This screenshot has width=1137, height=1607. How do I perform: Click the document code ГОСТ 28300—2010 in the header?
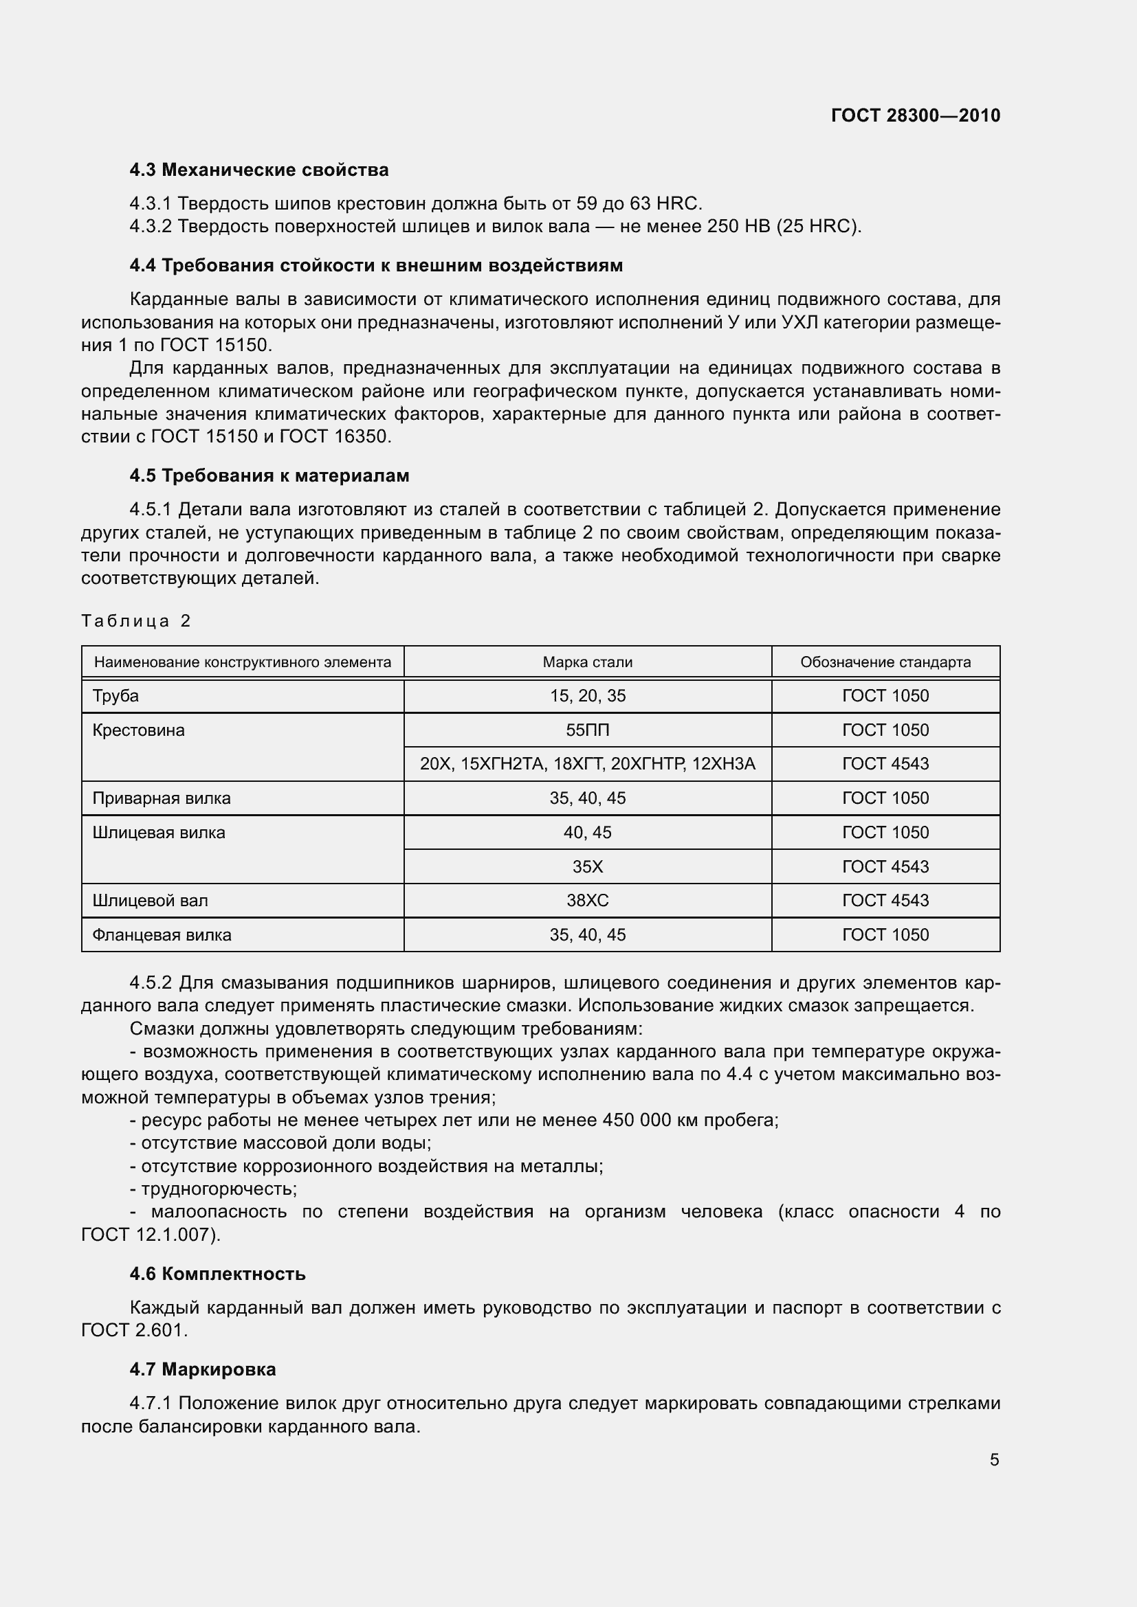[915, 115]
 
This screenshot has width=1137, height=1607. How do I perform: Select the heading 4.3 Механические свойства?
[259, 170]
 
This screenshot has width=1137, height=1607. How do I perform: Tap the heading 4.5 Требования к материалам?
[269, 476]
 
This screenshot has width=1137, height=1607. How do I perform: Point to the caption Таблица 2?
[136, 621]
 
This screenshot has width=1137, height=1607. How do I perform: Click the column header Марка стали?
[587, 662]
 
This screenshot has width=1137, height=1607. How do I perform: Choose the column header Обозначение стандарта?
[885, 662]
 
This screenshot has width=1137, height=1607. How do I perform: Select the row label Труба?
[115, 696]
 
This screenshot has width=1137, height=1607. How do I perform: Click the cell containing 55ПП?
[587, 730]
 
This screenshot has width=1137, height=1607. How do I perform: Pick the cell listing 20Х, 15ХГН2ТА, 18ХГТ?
[587, 763]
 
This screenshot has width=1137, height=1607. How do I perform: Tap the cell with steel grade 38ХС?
[587, 901]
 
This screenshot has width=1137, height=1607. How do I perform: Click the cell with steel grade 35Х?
[587, 866]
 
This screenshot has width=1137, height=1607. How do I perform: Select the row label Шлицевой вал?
[150, 901]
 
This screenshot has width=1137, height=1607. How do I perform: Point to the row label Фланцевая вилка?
[162, 935]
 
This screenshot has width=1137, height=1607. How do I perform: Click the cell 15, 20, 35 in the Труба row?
[587, 696]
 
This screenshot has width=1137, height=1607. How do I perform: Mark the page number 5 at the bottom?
[994, 1460]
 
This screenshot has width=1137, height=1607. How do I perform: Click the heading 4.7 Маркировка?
[202, 1370]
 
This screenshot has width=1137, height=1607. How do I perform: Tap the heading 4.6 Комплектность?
[217, 1274]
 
